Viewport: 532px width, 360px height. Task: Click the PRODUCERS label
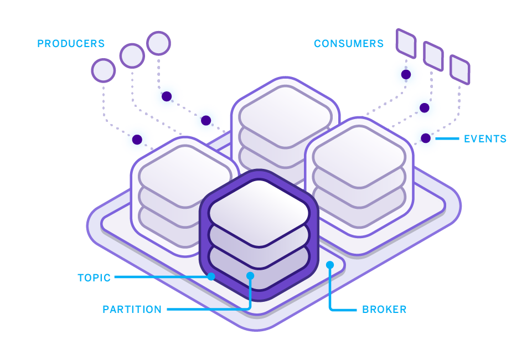click(71, 43)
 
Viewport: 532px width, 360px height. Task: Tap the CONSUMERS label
click(349, 43)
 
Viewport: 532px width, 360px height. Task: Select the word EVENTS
click(485, 139)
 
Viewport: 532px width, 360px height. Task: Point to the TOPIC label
click(94, 278)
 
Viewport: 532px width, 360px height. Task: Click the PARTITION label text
click(132, 310)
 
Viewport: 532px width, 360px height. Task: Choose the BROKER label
click(384, 310)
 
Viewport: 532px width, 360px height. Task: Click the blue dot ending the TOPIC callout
click(211, 276)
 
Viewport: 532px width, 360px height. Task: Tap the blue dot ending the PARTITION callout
click(250, 275)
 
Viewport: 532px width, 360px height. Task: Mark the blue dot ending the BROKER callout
click(330, 265)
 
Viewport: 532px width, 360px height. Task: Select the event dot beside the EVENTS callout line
click(426, 138)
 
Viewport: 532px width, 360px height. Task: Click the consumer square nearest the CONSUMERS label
click(406, 43)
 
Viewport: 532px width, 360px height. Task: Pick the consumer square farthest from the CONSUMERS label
click(459, 70)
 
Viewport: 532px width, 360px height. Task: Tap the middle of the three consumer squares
click(433, 56)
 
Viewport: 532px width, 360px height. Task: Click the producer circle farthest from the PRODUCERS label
click(158, 43)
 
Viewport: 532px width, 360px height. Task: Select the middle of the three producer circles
click(132, 55)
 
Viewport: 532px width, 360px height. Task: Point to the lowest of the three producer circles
click(104, 70)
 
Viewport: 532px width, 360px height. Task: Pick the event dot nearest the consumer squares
click(406, 74)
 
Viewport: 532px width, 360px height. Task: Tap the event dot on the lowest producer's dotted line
click(137, 140)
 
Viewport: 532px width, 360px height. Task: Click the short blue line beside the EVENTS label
click(447, 138)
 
